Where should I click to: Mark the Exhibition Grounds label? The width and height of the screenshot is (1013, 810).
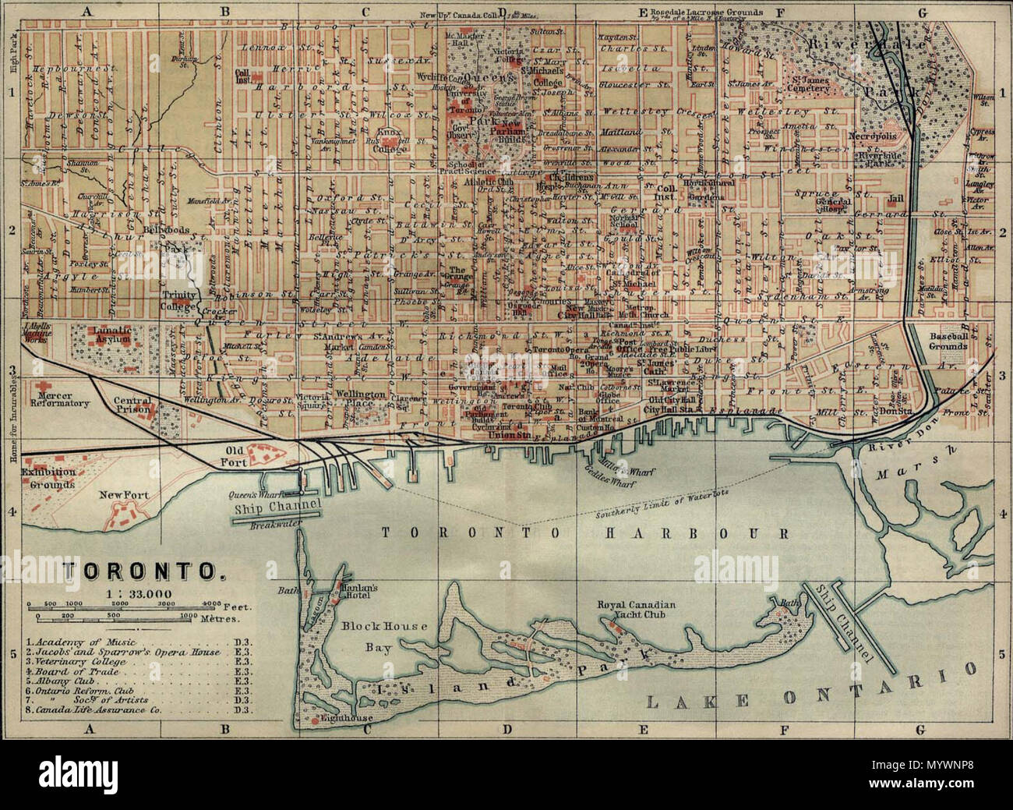(x=48, y=478)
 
